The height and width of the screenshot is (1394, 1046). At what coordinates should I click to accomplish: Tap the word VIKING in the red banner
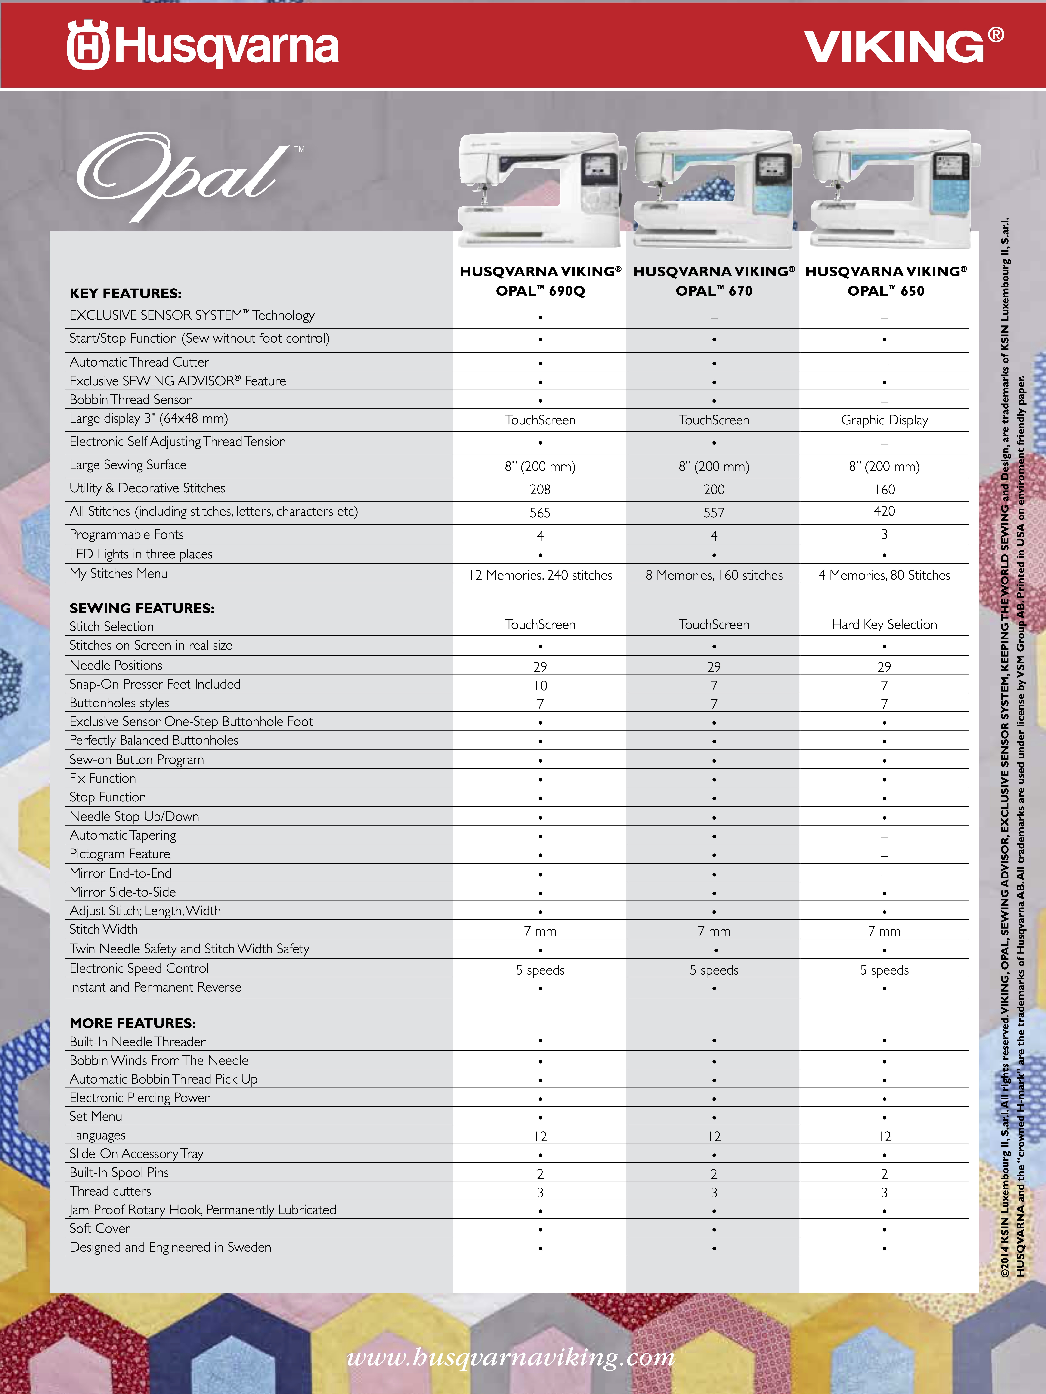894,47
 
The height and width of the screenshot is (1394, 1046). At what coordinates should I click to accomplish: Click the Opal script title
180,176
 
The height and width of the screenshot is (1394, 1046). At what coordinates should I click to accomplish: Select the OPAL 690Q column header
540,281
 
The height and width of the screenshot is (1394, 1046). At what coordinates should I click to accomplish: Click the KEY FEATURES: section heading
125,293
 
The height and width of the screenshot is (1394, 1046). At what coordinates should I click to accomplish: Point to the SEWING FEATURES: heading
142,608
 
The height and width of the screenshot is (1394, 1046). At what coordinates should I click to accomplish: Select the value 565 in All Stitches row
540,513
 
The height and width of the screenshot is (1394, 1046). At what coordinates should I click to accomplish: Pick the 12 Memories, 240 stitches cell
540,575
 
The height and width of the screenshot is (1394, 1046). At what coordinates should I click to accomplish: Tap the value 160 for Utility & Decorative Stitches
885,490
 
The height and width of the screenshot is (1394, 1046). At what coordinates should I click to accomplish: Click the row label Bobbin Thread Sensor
130,399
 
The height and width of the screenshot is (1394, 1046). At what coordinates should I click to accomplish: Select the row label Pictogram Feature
120,854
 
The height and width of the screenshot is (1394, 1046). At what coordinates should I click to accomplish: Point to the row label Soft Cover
100,1228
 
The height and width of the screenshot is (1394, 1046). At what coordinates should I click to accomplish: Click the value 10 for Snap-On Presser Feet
540,686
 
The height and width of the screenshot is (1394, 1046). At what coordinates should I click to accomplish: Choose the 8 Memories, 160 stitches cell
714,575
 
